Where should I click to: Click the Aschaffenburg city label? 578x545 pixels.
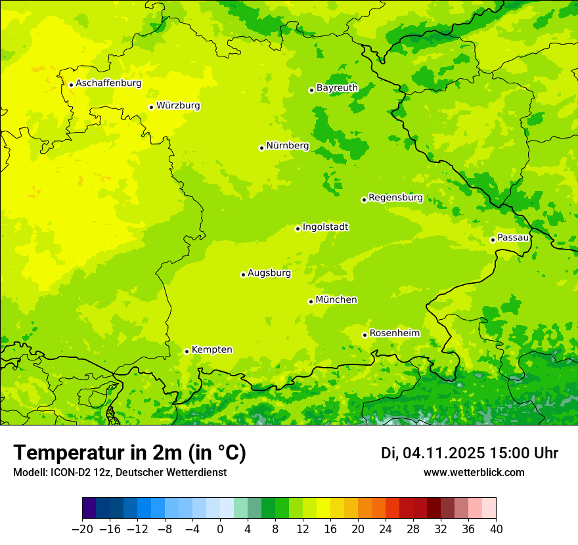pyautogui.click(x=108, y=83)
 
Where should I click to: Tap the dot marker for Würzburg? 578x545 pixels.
pyautogui.click(x=151, y=107)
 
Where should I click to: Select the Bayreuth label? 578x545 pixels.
pyautogui.click(x=337, y=87)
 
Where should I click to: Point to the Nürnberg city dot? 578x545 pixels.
pyautogui.click(x=261, y=148)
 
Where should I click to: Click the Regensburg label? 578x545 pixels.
pyautogui.click(x=395, y=197)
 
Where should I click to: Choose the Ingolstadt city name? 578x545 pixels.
pyautogui.click(x=325, y=227)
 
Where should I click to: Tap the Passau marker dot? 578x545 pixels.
pyautogui.click(x=493, y=240)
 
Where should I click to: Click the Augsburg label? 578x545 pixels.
pyautogui.click(x=269, y=273)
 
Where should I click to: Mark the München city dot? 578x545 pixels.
pyautogui.click(x=311, y=301)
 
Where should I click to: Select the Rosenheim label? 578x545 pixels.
pyautogui.click(x=394, y=333)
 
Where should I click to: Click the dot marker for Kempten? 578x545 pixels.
pyautogui.click(x=187, y=351)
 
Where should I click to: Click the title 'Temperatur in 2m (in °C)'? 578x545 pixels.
pyautogui.click(x=129, y=453)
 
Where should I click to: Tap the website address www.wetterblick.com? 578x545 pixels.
pyautogui.click(x=474, y=472)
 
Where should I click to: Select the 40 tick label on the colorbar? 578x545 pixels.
pyautogui.click(x=496, y=529)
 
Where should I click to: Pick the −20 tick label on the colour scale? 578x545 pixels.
pyautogui.click(x=82, y=529)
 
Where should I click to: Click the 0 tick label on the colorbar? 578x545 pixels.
pyautogui.click(x=220, y=529)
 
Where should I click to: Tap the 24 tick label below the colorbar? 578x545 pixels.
pyautogui.click(x=386, y=529)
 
